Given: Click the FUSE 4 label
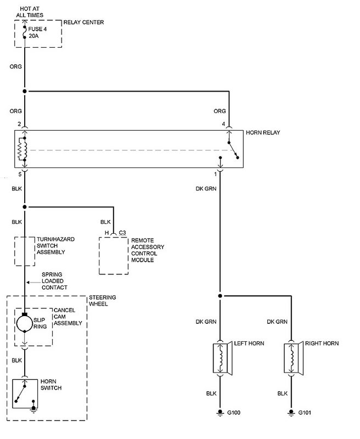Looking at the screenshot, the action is tap(37, 29).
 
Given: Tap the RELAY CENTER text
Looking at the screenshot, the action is tap(84, 22).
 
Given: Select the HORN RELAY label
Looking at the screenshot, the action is tap(263, 132).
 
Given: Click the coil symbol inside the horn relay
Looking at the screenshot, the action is tap(22, 149).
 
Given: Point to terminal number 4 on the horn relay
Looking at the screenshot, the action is tap(223, 124).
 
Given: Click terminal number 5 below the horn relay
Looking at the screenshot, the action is tap(20, 174).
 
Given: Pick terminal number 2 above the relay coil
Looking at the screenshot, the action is tap(19, 124).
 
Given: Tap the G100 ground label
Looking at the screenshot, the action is tap(234, 413).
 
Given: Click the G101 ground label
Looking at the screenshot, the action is tap(305, 413).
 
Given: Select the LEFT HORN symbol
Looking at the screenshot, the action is tap(223, 358).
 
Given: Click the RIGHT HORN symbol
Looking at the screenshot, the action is tap(294, 358).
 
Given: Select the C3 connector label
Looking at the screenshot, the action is tap(122, 233).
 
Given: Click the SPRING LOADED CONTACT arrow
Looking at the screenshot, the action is tap(33, 282).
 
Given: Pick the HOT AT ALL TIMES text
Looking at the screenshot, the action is tap(30, 12).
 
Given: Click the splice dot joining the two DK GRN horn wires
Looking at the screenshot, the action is tap(220, 296).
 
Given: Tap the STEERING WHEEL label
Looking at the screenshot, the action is tap(103, 300).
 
